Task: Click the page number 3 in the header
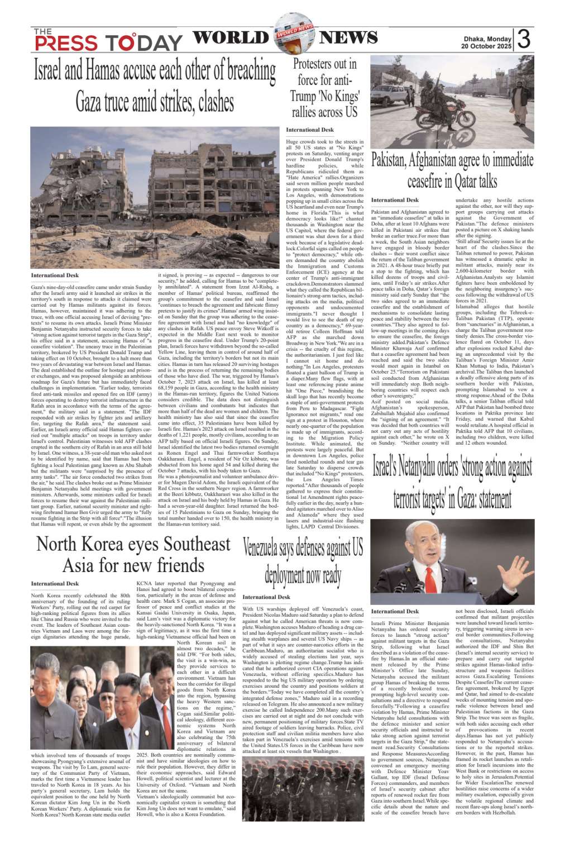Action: pyautogui.click(x=523, y=39)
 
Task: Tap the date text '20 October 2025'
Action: pyautogui.click(x=486, y=46)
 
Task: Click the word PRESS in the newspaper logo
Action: pyautogui.click(x=66, y=43)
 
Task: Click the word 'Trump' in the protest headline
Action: pyautogui.click(x=303, y=96)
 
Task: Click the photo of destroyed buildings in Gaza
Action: pyautogui.click(x=155, y=198)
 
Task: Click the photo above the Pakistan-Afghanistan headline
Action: pyautogui.click(x=452, y=101)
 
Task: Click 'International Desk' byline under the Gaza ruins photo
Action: pyautogui.click(x=55, y=275)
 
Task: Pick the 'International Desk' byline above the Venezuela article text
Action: pyautogui.click(x=266, y=597)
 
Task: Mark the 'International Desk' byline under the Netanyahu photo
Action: pyautogui.click(x=395, y=611)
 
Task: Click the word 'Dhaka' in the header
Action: pyautogui.click(x=475, y=39)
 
